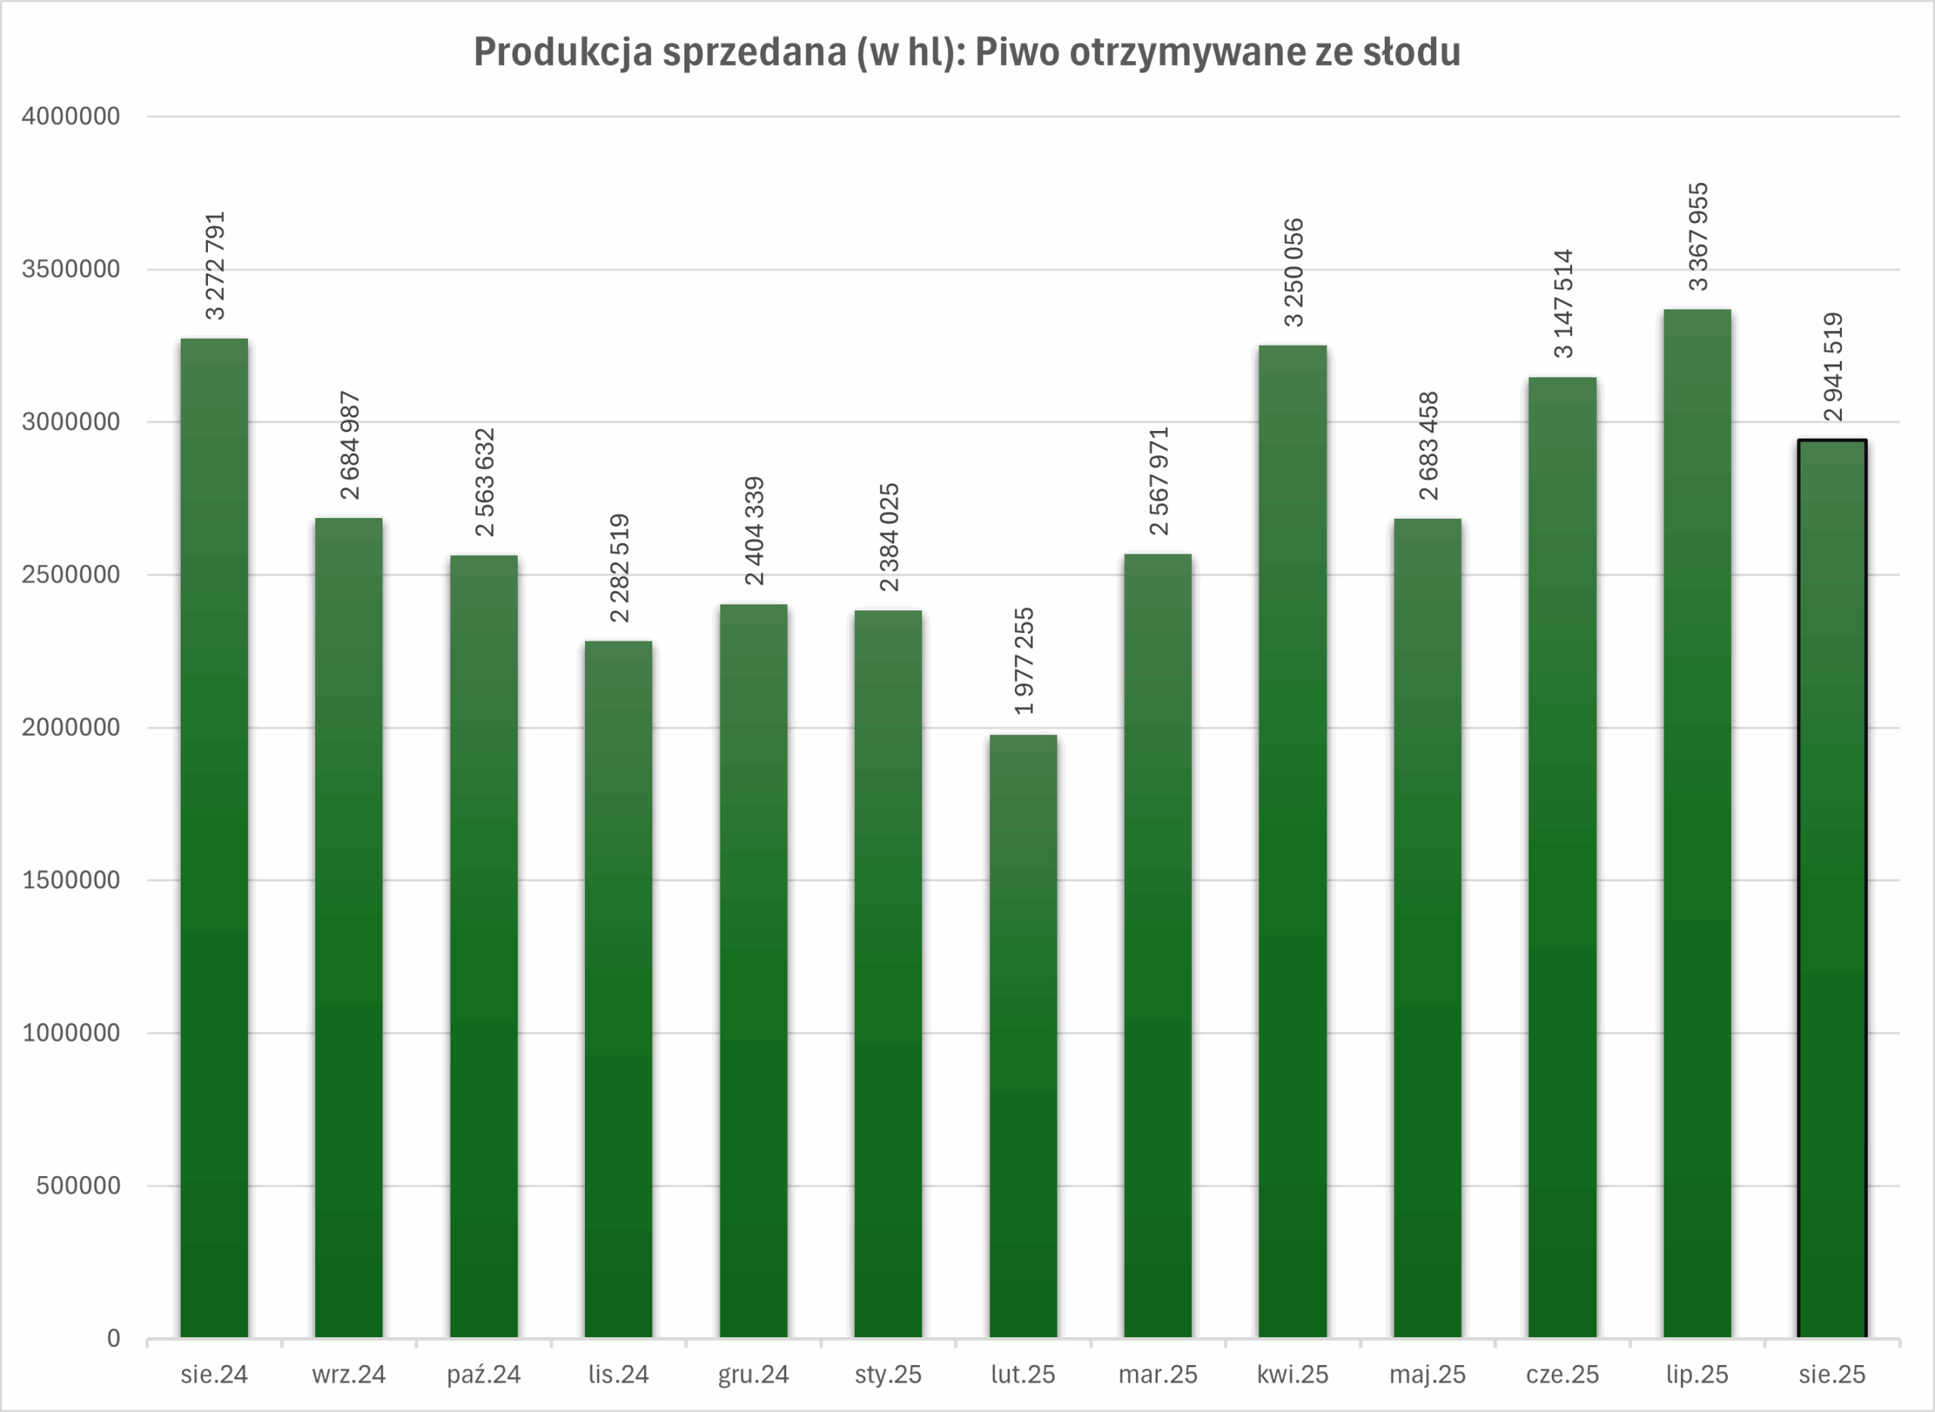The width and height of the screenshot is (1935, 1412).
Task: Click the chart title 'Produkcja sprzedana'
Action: [967, 52]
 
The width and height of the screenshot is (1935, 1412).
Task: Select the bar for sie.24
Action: [215, 838]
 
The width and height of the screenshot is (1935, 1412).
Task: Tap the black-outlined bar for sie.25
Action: [1831, 889]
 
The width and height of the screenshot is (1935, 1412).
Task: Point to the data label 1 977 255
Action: [1023, 661]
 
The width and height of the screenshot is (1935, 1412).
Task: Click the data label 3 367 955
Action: [1698, 237]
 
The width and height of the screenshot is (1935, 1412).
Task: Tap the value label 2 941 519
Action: [1832, 367]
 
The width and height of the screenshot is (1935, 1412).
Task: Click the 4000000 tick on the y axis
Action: [71, 116]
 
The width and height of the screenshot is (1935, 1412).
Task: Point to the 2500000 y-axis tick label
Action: [71, 574]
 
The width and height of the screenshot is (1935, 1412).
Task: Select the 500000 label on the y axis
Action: [78, 1186]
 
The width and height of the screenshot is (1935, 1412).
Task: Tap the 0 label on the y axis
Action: [113, 1339]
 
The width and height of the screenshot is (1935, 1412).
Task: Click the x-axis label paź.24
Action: [484, 1375]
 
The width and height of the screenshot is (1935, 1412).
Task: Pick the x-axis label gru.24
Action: [753, 1375]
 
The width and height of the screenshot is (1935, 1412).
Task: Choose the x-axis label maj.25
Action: [1427, 1375]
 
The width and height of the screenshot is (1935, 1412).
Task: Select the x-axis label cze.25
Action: [1562, 1375]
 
